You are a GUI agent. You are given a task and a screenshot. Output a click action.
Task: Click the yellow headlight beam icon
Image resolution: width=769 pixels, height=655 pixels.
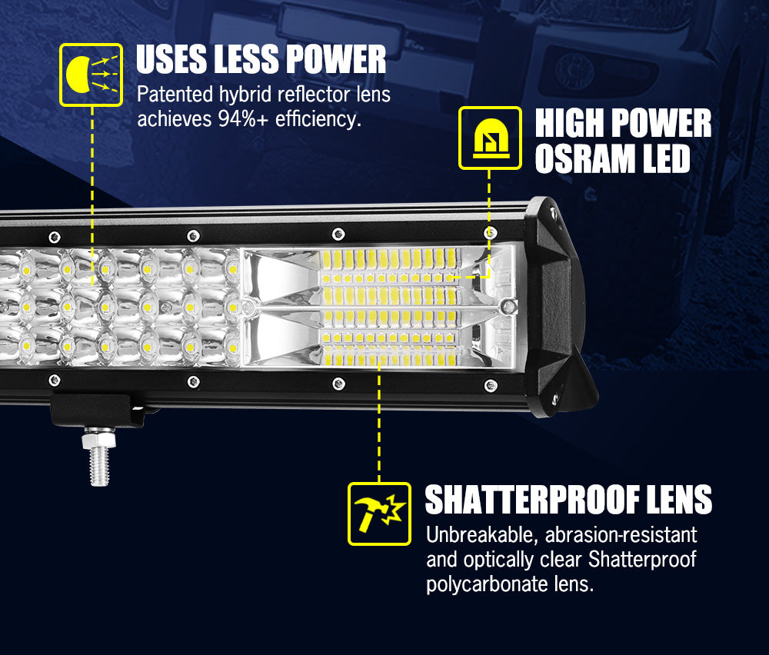[x=91, y=75]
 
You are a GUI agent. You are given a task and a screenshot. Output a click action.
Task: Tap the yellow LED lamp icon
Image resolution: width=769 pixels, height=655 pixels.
[x=489, y=138]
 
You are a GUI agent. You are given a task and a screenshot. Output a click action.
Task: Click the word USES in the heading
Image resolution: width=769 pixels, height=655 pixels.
[x=171, y=60]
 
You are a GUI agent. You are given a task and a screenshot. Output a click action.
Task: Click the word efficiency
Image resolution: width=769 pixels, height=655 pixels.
[x=318, y=119]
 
